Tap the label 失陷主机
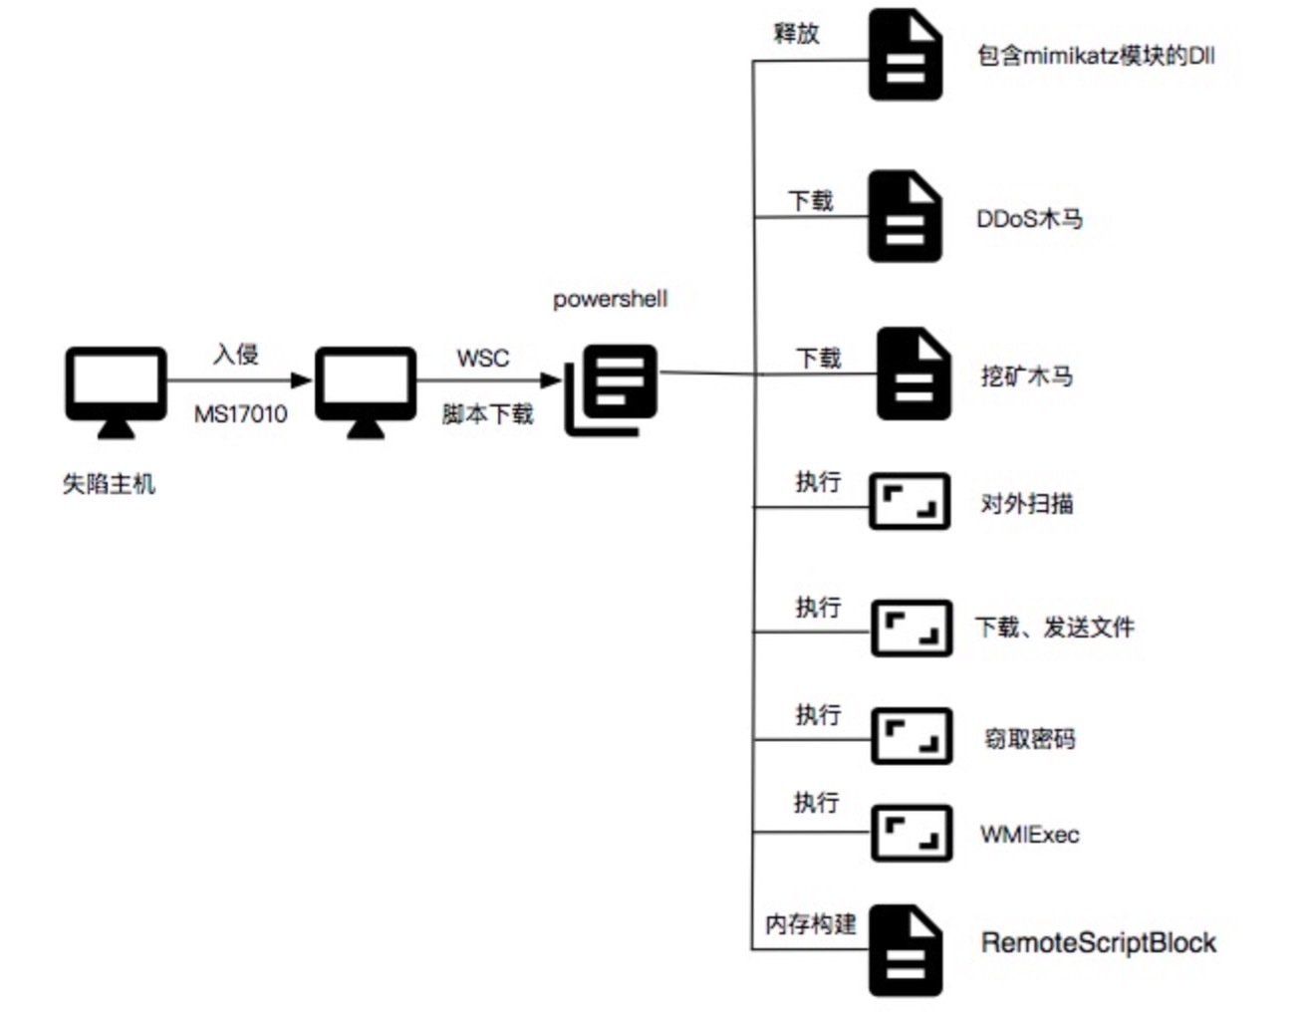(109, 484)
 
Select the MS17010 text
(240, 413)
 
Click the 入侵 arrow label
(236, 354)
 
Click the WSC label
(482, 358)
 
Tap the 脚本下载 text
(487, 413)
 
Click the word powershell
(610, 299)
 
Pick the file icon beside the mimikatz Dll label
(905, 55)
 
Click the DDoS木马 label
(1029, 218)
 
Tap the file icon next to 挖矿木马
(913, 374)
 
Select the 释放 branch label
(796, 33)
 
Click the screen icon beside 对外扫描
(910, 501)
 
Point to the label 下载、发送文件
(1054, 627)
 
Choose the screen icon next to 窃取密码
(911, 737)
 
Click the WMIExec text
(1029, 834)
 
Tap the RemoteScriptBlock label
(1098, 942)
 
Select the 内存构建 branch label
(810, 923)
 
